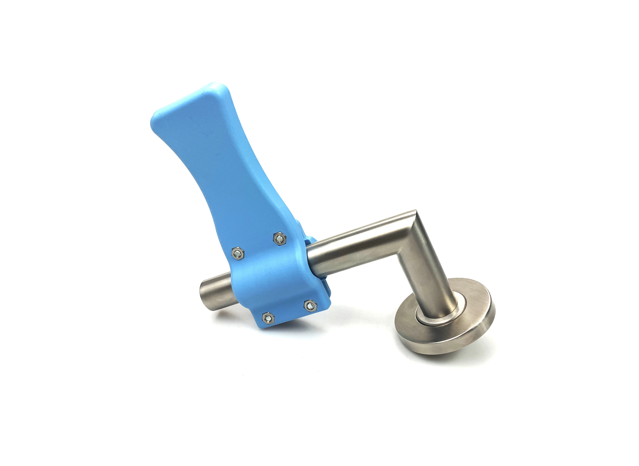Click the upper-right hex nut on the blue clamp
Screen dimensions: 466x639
(x=280, y=239)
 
